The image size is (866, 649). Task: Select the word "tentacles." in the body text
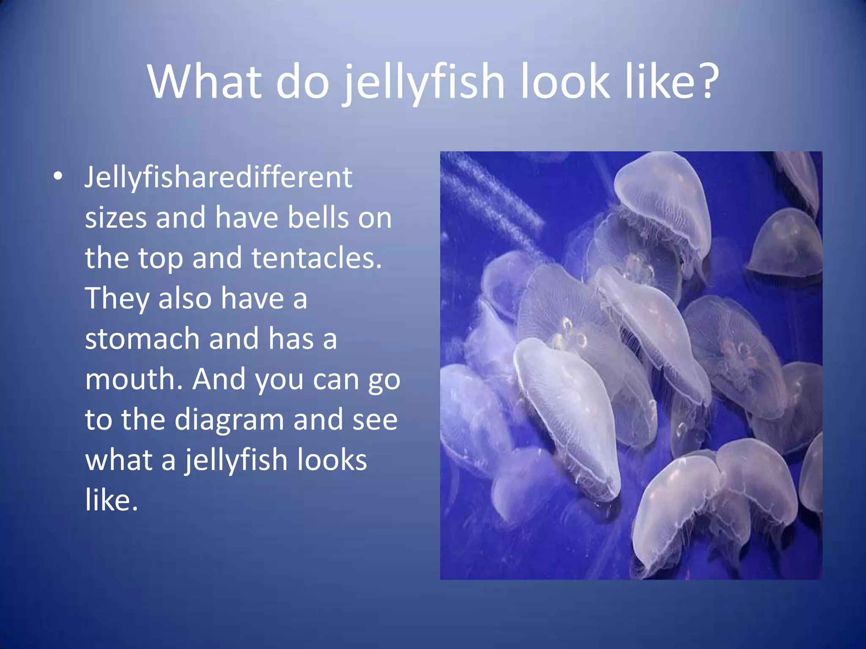[x=317, y=258]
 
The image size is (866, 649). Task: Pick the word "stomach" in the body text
[x=142, y=339]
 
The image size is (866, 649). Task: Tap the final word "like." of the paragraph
[x=112, y=500]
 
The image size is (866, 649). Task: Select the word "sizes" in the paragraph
[x=115, y=218]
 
